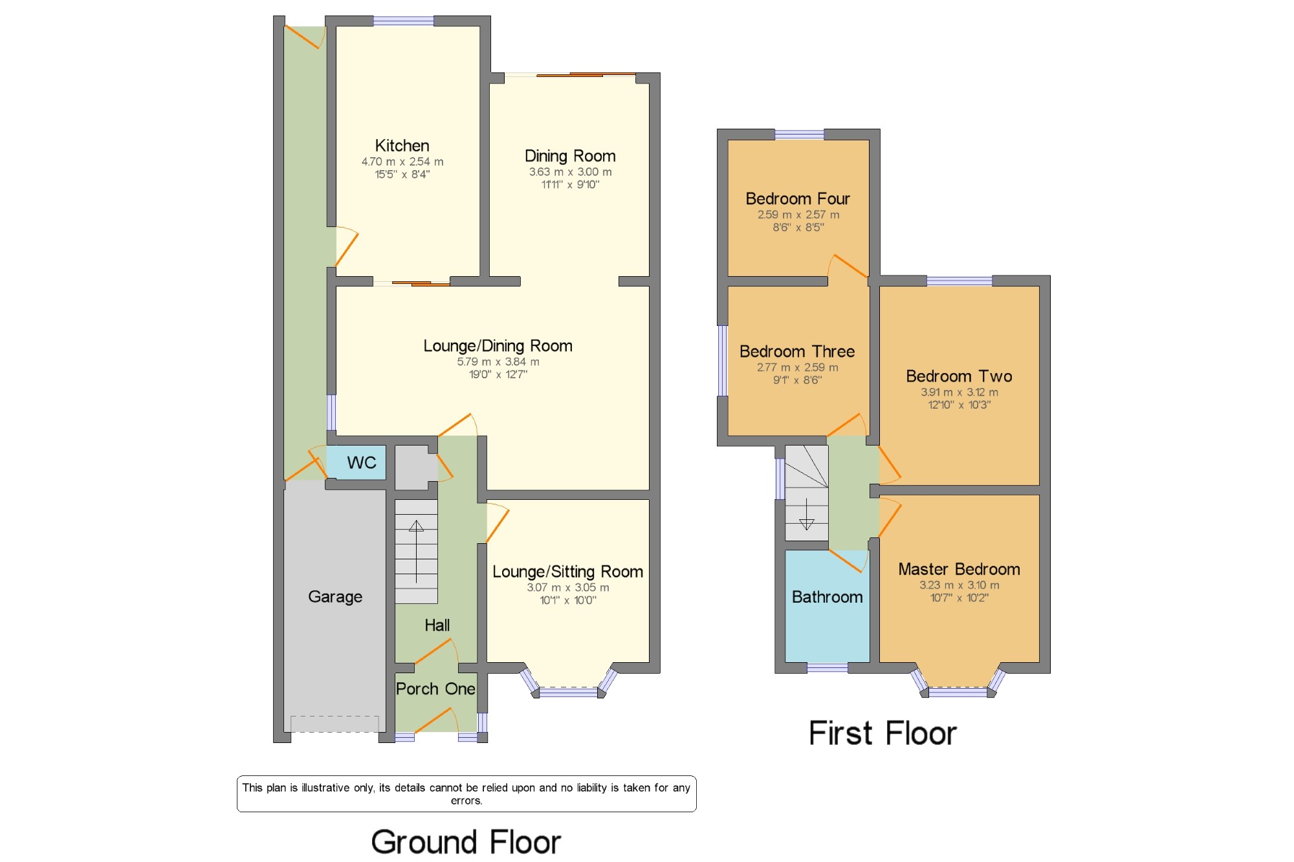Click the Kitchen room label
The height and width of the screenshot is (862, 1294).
(402, 145)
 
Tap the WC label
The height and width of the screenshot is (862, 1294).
(361, 462)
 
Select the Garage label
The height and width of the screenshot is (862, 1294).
(335, 596)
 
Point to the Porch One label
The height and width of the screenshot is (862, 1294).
(435, 689)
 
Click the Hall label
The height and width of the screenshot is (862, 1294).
(437, 625)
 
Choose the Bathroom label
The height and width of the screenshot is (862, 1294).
(827, 597)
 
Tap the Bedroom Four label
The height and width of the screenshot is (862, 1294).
(798, 199)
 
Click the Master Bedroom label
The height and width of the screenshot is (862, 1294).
(959, 569)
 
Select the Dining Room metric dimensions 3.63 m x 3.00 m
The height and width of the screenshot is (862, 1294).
(570, 172)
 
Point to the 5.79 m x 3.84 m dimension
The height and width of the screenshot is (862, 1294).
(498, 362)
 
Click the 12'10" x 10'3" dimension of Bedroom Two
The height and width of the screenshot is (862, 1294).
(960, 405)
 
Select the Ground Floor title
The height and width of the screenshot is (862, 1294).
(466, 842)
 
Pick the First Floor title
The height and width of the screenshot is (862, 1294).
(883, 733)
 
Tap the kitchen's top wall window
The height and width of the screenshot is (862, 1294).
(403, 21)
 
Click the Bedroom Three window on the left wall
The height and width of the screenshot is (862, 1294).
(723, 360)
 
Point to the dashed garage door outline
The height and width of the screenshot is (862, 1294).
(335, 724)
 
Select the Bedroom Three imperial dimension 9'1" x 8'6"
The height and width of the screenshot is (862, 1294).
(797, 380)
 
